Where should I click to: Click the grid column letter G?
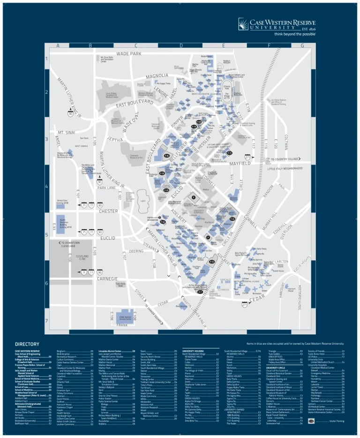[x=302, y=46]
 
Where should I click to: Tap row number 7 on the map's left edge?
[x=46, y=321]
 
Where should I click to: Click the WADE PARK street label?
[x=129, y=54]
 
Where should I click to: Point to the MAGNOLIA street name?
[x=157, y=76]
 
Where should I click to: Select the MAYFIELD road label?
[x=244, y=164]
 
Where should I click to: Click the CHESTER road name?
[x=108, y=211]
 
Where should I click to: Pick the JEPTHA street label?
[x=115, y=139]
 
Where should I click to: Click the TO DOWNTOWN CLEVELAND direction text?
[x=68, y=244]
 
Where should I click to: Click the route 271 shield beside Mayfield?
[x=248, y=157]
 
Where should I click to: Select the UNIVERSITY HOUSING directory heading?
[x=193, y=351]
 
